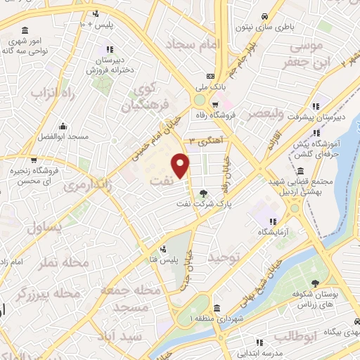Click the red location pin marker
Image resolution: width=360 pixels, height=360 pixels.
click(x=181, y=166)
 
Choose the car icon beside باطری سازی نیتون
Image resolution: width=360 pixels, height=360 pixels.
click(x=264, y=17)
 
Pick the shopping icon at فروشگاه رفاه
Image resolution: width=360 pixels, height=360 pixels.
click(x=205, y=104)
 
